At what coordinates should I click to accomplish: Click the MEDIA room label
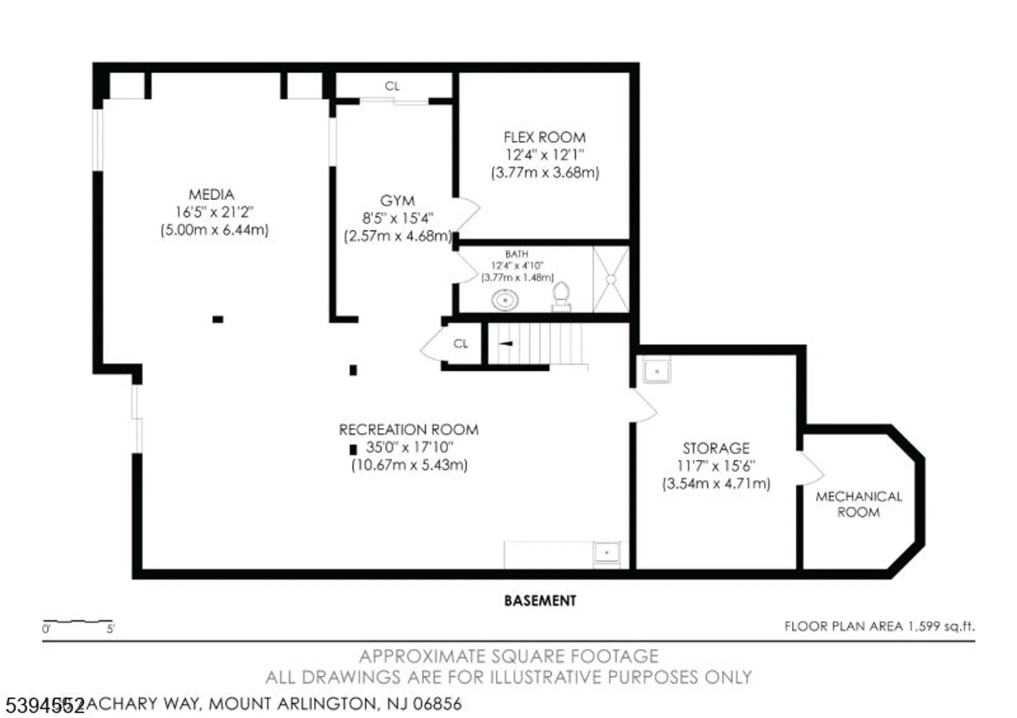(x=211, y=195)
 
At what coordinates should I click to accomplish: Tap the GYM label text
(x=397, y=201)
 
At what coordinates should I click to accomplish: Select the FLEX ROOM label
(x=544, y=137)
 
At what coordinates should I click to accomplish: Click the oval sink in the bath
(x=504, y=300)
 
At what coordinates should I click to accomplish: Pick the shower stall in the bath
(x=611, y=279)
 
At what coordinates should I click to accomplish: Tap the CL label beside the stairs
(x=461, y=344)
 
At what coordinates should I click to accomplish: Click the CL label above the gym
(x=392, y=86)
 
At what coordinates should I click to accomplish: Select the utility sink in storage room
(x=656, y=370)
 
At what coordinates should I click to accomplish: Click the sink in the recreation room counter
(x=607, y=553)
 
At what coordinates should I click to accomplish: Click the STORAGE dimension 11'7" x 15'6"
(x=716, y=465)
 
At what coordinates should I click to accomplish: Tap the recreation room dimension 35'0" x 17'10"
(x=409, y=447)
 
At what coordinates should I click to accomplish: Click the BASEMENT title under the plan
(x=540, y=601)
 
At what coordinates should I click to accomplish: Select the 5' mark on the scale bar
(x=110, y=629)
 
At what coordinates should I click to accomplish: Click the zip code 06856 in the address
(x=437, y=704)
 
